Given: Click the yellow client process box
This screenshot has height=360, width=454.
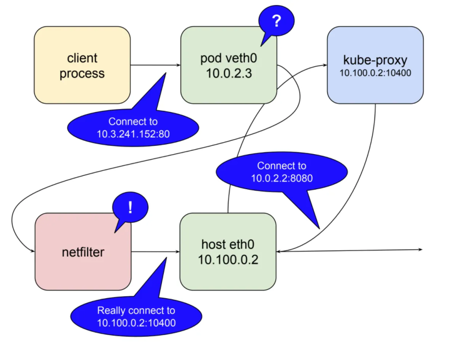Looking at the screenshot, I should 82,65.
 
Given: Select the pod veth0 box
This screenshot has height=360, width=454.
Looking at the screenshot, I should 228,65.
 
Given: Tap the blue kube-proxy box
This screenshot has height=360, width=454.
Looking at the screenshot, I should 375,65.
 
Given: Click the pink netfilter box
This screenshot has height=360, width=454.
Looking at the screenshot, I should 82,252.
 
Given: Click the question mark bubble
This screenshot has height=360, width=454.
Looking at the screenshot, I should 276,22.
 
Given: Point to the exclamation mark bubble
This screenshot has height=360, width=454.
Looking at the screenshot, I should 130,208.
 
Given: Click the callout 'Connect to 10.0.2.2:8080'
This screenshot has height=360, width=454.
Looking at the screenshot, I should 281,172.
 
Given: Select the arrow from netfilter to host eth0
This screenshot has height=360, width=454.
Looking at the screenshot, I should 155,252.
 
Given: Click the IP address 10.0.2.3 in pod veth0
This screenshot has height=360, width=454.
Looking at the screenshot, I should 228,73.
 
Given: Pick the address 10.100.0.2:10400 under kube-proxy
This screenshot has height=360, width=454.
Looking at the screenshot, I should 375,73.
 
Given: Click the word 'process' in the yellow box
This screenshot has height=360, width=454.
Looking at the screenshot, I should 82,74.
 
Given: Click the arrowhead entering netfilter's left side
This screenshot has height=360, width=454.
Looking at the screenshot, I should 32,252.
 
